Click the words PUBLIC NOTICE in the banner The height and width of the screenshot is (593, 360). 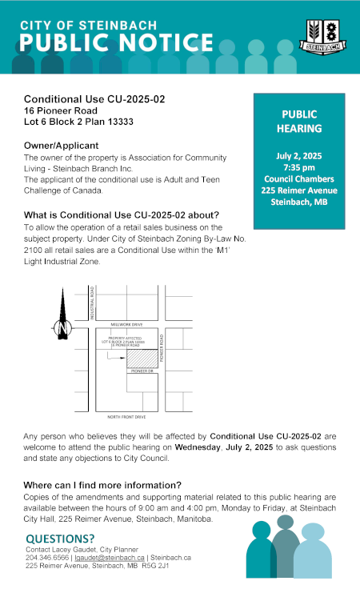pos(117,42)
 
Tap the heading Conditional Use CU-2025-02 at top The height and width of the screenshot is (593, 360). pos(94,98)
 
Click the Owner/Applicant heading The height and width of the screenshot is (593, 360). pos(61,146)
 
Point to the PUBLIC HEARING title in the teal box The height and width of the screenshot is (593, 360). pos(299,121)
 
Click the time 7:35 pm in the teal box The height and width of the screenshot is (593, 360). pos(299,166)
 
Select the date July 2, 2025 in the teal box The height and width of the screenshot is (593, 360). pos(299,154)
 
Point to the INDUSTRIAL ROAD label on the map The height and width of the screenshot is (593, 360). pos(93,305)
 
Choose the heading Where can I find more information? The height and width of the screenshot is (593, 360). pos(102,485)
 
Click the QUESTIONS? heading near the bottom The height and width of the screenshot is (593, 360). pos(61,539)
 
